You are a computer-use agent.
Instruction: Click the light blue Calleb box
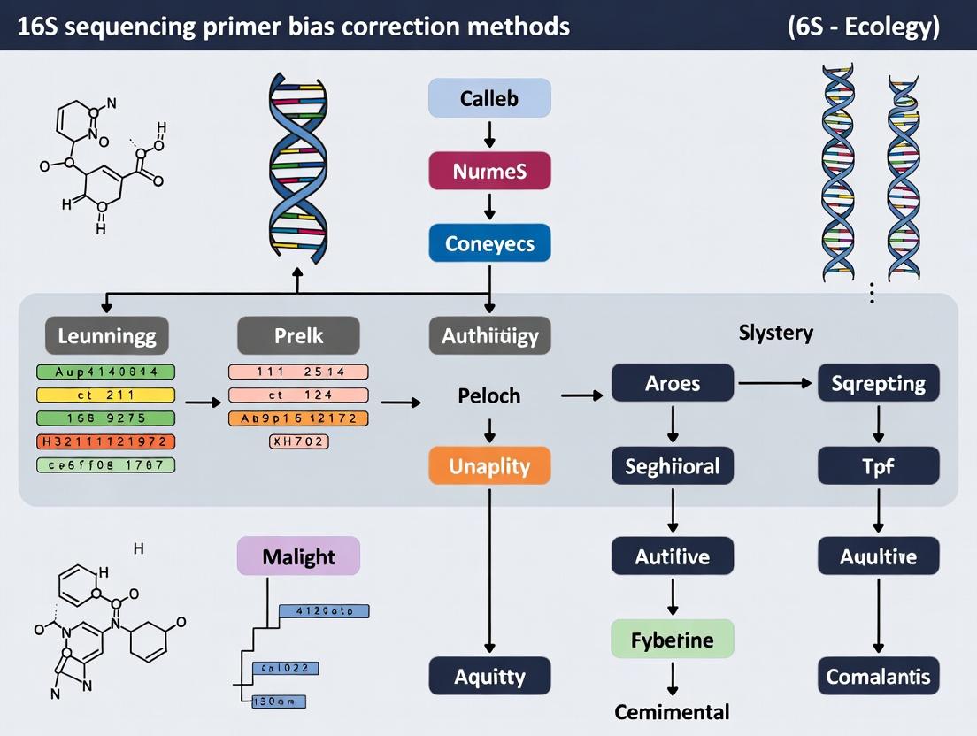pyautogui.click(x=489, y=98)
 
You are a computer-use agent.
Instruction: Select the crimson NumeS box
pyautogui.click(x=489, y=171)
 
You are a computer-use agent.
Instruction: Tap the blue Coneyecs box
pyautogui.click(x=489, y=243)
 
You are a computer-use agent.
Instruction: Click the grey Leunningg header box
pyautogui.click(x=106, y=336)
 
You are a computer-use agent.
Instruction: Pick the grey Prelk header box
pyautogui.click(x=298, y=336)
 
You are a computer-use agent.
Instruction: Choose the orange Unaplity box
pyautogui.click(x=489, y=465)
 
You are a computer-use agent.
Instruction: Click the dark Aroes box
pyautogui.click(x=673, y=383)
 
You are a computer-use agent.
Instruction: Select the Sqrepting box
pyautogui.click(x=878, y=383)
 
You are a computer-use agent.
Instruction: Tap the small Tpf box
pyautogui.click(x=878, y=465)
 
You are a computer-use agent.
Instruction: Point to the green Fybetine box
pyautogui.click(x=673, y=639)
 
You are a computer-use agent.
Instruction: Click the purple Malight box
pyautogui.click(x=298, y=557)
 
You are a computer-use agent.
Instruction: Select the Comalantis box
pyautogui.click(x=878, y=677)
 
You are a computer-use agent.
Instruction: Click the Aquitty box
pyautogui.click(x=489, y=677)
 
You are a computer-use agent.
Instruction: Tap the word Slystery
pyautogui.click(x=776, y=333)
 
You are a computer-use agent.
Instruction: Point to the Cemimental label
pyautogui.click(x=673, y=712)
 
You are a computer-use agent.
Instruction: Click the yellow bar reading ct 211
pyautogui.click(x=105, y=395)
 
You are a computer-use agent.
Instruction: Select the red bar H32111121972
pyautogui.click(x=105, y=441)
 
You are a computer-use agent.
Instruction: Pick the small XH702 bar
pyautogui.click(x=298, y=441)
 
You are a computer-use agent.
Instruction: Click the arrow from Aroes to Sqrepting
pyautogui.click(x=775, y=383)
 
